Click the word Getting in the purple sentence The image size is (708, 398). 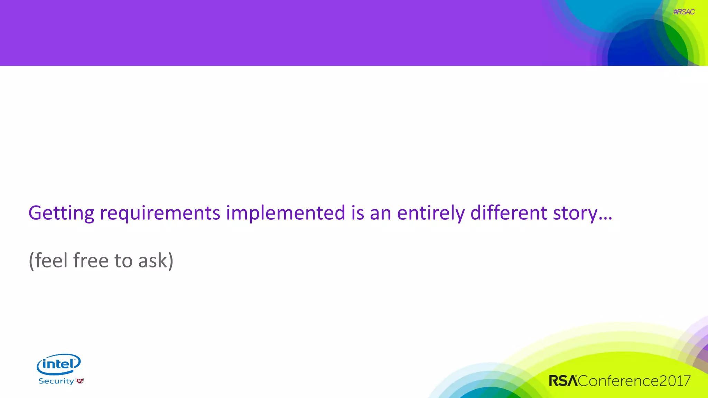click(x=61, y=213)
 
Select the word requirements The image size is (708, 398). click(x=160, y=213)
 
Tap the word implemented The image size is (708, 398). click(x=286, y=213)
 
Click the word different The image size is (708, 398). click(x=509, y=212)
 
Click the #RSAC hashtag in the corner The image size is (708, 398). click(x=683, y=12)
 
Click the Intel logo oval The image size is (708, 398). click(x=59, y=364)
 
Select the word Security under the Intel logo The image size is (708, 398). click(x=56, y=381)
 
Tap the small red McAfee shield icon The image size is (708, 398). click(x=80, y=381)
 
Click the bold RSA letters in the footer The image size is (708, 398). click(x=563, y=381)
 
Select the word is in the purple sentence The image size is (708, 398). click(x=357, y=212)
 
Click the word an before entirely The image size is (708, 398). click(x=380, y=213)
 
